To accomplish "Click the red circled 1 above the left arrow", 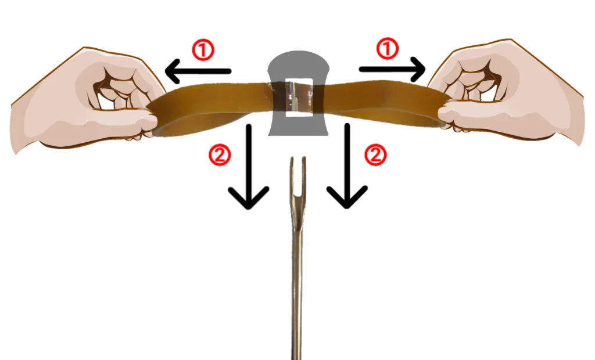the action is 203,51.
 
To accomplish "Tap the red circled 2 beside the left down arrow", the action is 220,155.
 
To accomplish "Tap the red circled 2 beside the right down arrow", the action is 375,155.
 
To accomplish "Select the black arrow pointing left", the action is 198,71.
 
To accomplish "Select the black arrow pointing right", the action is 392,69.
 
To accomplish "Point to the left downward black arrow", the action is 249,166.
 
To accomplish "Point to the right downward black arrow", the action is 347,166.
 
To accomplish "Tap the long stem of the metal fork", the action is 297,280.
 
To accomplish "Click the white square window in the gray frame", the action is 298,98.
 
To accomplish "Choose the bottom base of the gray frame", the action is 298,127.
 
